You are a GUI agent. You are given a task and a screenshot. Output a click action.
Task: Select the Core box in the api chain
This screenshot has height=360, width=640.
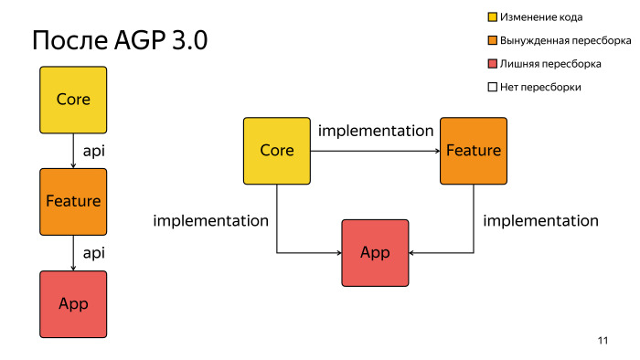73,99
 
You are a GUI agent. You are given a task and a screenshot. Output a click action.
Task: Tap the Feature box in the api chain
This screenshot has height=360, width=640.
73,201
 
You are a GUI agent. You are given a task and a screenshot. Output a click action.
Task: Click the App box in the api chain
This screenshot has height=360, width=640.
73,303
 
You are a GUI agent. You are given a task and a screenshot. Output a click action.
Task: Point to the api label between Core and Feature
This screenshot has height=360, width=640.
94,150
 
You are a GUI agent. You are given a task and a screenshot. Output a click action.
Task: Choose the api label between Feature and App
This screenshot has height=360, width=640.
94,252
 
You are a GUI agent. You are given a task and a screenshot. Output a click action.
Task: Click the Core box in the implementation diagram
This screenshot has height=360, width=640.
277,150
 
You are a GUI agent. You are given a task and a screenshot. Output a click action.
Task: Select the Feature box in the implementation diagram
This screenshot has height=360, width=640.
473,150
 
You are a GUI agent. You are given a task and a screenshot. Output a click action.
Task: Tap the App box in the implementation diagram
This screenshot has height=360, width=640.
375,253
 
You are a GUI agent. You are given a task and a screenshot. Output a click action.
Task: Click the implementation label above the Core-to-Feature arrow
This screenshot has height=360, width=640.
375,131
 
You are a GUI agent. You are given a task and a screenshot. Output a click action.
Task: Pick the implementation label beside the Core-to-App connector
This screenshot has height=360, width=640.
210,220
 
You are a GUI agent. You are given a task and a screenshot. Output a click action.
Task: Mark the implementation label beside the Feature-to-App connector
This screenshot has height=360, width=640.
540,220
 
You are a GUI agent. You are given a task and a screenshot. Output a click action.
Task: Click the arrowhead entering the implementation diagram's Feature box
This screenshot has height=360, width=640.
436,150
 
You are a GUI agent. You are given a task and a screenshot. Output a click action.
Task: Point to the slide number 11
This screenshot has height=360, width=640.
603,341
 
